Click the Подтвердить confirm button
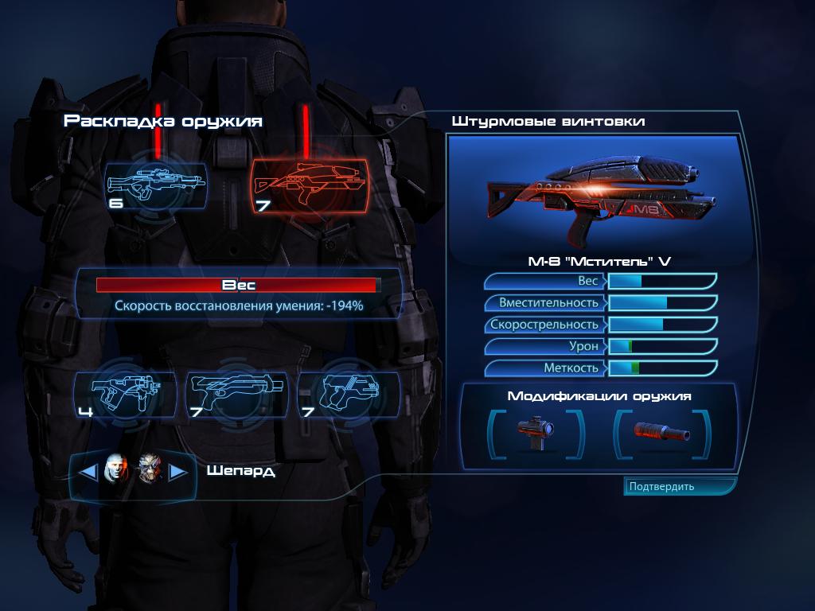click(x=680, y=486)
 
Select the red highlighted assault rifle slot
click(x=310, y=187)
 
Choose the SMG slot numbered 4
click(x=125, y=395)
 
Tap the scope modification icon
click(x=536, y=433)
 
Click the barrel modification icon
click(x=661, y=432)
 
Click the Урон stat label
click(x=583, y=346)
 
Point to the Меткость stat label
click(x=571, y=368)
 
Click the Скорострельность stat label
click(x=544, y=325)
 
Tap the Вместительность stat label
click(x=549, y=303)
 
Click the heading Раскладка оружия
click(x=162, y=122)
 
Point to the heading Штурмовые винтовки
click(x=548, y=122)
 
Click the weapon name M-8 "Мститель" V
click(x=599, y=261)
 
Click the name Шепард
click(x=240, y=471)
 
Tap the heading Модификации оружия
click(x=599, y=396)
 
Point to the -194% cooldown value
click(x=345, y=305)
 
